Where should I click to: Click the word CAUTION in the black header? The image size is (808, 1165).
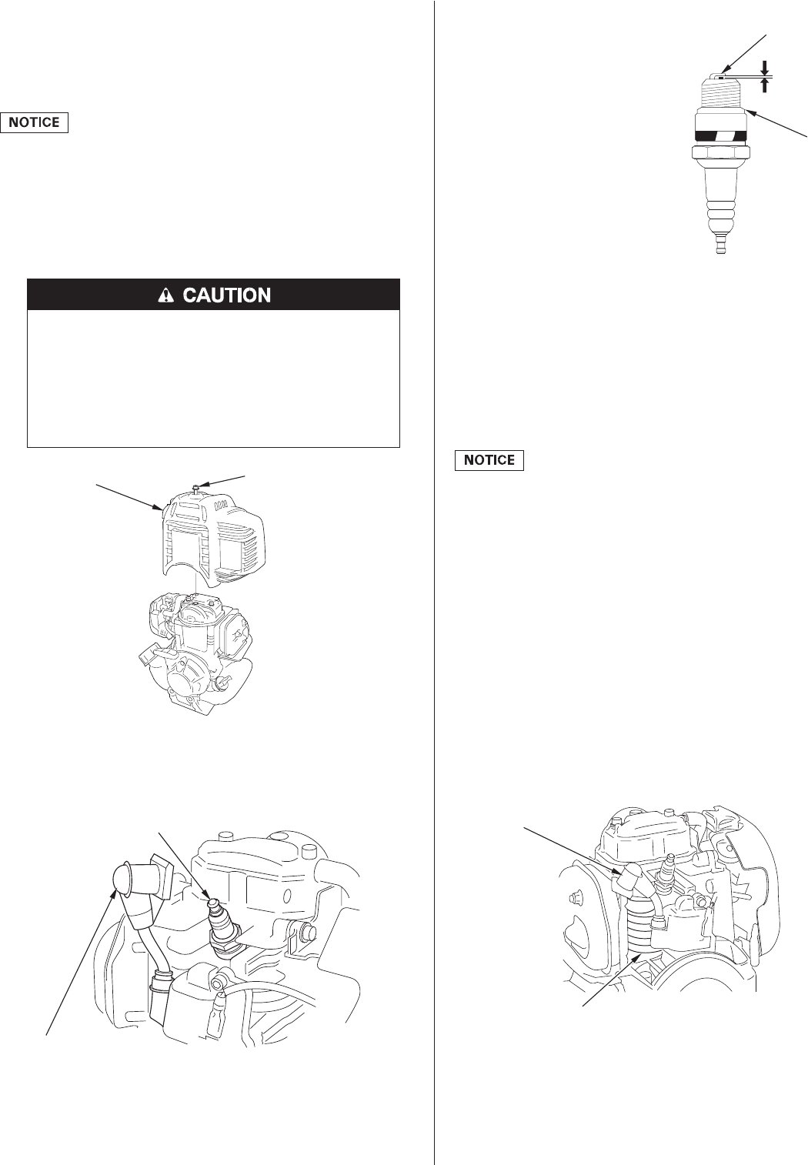point(228,295)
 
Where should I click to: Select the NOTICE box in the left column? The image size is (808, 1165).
point(35,122)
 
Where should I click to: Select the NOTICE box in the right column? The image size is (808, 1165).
point(490,460)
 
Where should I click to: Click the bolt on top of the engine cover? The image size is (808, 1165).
point(198,487)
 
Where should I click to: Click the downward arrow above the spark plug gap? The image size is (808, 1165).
point(764,67)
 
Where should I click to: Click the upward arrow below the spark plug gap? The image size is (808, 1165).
point(764,86)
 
